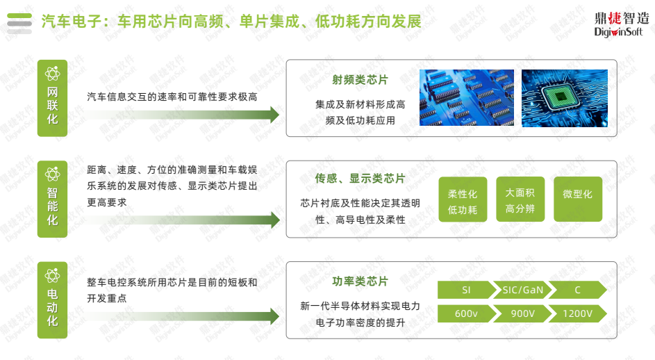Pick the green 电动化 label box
53,300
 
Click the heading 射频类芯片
360,80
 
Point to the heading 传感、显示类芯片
360,179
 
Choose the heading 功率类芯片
360,281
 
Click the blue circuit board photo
465,97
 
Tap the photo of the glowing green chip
564,97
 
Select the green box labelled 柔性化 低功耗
463,200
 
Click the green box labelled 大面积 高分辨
520,199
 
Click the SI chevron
465,290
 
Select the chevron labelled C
577,290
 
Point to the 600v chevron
465,314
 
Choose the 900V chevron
521,314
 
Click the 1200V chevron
577,314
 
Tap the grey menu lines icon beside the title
19,23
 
